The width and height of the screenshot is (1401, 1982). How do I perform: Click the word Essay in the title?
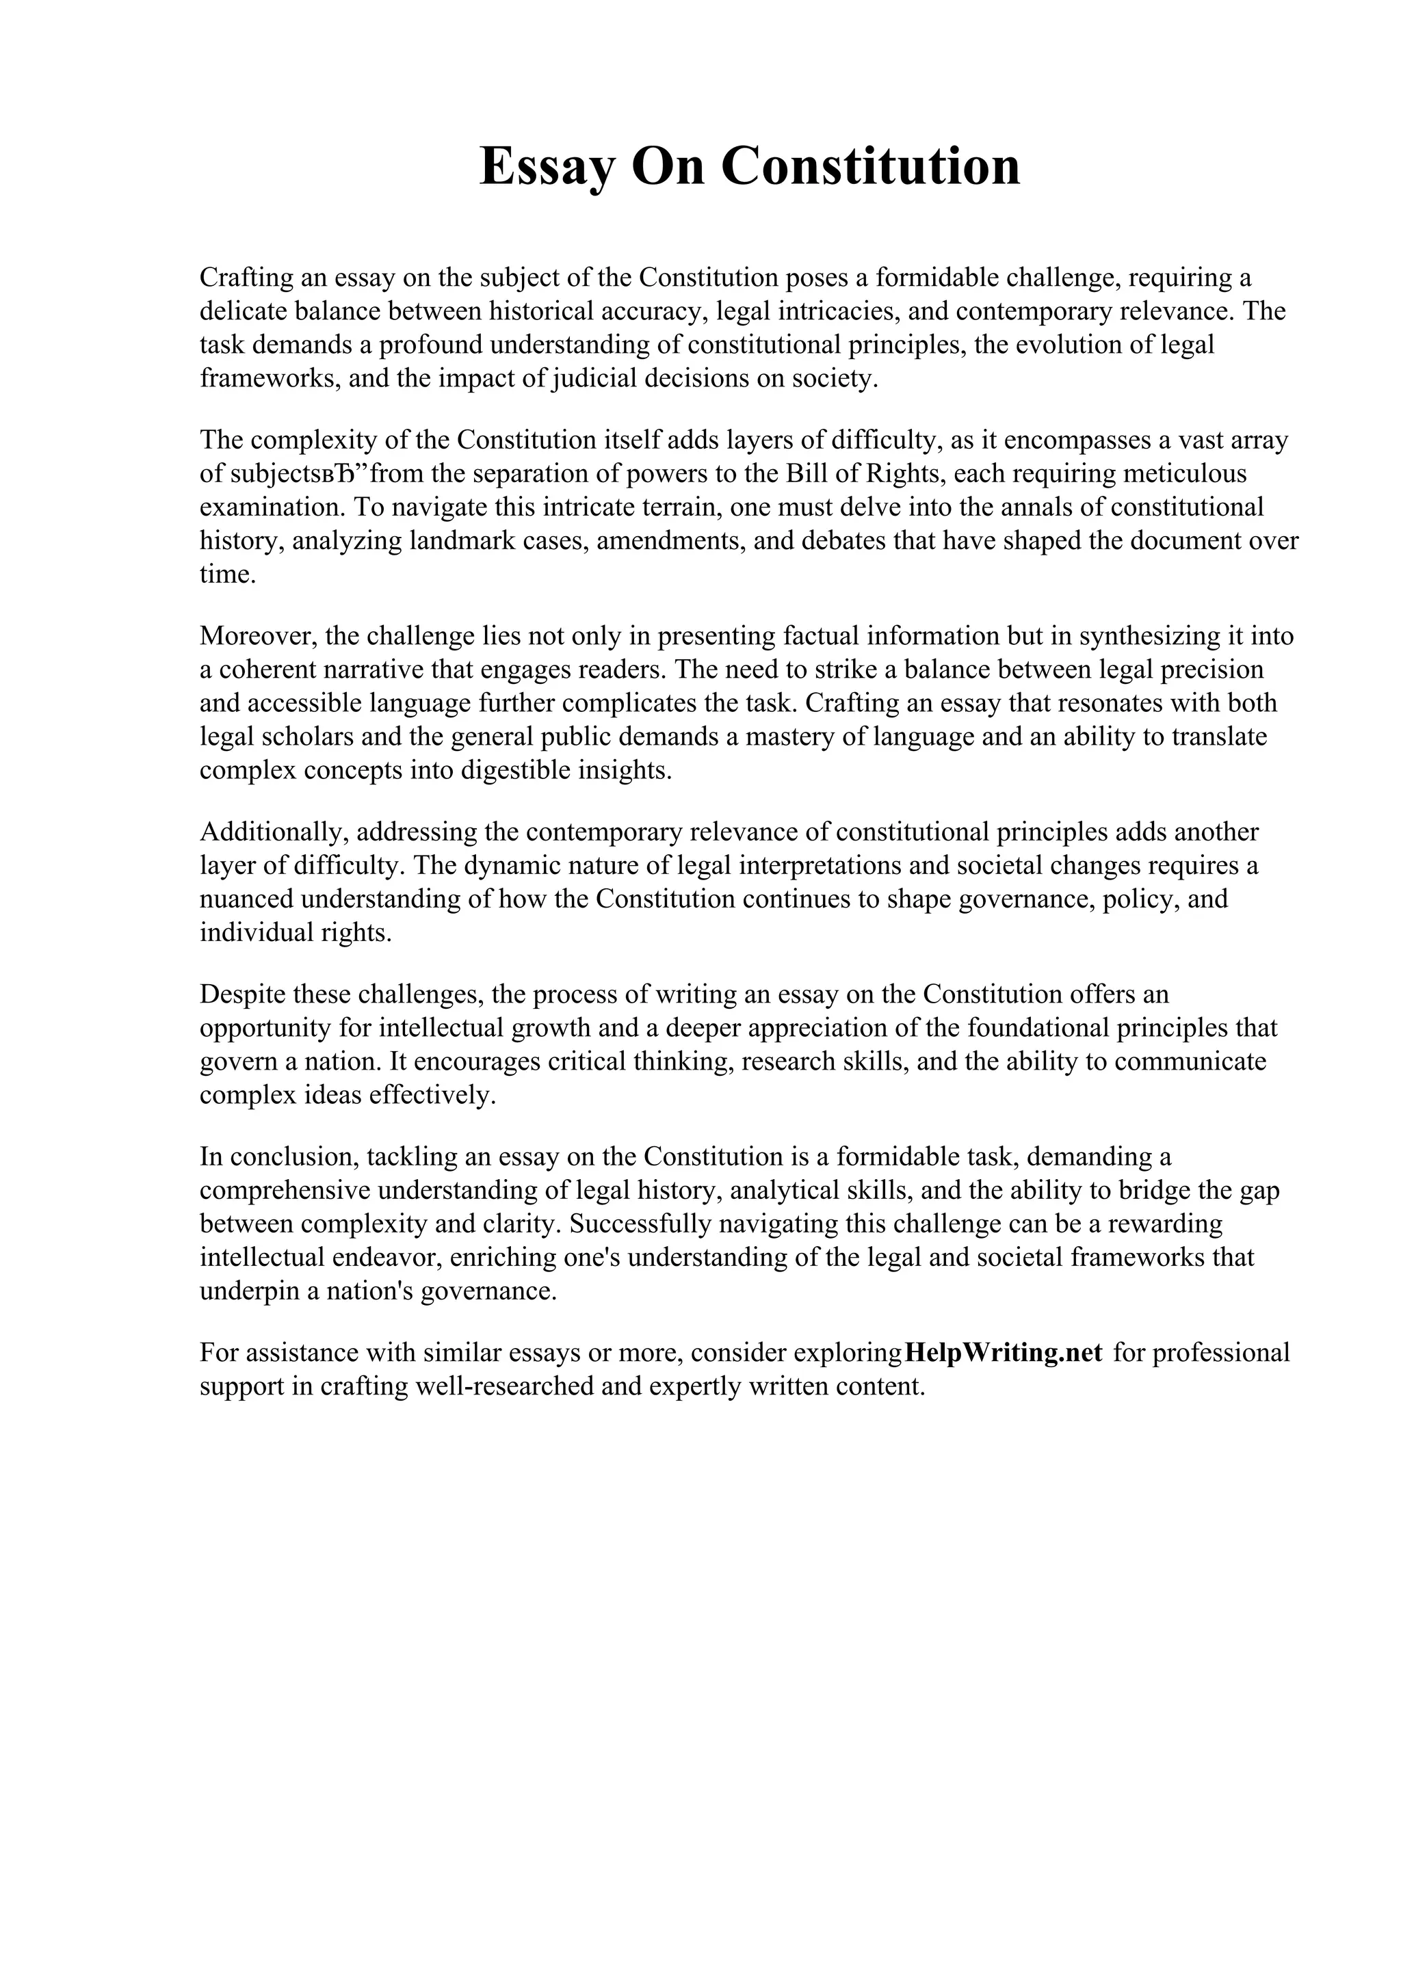pyautogui.click(x=547, y=167)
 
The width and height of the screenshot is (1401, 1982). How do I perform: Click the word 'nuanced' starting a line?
pyautogui.click(x=246, y=899)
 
